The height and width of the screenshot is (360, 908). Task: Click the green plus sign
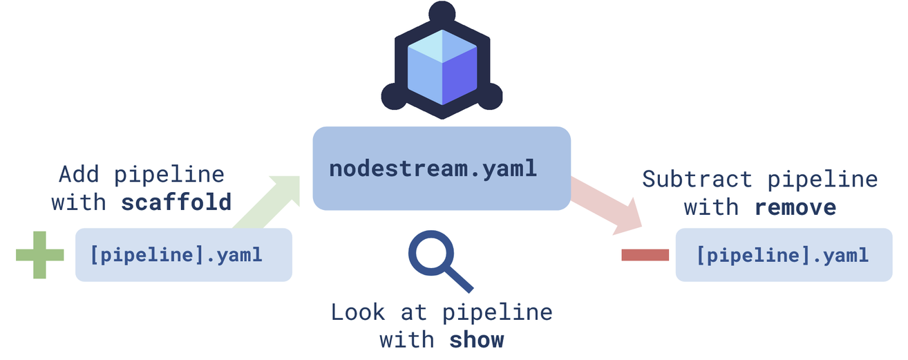point(39,255)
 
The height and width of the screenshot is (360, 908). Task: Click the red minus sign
point(645,255)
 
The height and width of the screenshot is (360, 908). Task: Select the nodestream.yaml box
point(442,169)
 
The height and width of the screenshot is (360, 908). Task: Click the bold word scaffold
point(176,203)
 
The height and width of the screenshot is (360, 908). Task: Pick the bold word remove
point(795,207)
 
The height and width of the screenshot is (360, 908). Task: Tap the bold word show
point(477,340)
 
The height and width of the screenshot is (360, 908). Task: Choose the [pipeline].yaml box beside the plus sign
point(184,255)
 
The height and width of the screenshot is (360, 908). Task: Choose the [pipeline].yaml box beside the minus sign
point(784,255)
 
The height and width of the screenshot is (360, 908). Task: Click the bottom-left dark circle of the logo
point(394,97)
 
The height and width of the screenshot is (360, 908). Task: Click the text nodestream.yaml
point(433,169)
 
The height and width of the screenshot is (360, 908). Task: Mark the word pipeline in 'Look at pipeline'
point(498,312)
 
